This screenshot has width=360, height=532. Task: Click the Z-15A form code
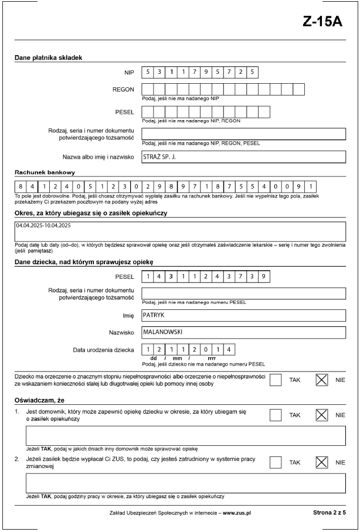pyautogui.click(x=323, y=22)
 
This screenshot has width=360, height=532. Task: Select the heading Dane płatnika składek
pyautogui.click(x=48, y=57)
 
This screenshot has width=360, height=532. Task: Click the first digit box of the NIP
pyautogui.click(x=148, y=73)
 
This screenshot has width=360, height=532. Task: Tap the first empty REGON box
pyautogui.click(x=148, y=90)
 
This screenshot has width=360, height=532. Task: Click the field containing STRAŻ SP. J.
pyautogui.click(x=243, y=157)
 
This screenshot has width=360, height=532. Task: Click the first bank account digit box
pyautogui.click(x=21, y=187)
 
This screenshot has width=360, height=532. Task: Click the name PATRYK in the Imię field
pyautogui.click(x=154, y=315)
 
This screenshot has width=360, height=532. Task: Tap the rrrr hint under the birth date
pyautogui.click(x=212, y=358)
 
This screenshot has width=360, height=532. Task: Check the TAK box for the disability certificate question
pyautogui.click(x=276, y=380)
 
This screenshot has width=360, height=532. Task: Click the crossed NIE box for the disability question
pyautogui.click(x=321, y=380)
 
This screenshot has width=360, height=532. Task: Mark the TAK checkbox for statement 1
pyautogui.click(x=276, y=415)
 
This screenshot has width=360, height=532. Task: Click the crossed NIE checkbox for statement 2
pyautogui.click(x=321, y=462)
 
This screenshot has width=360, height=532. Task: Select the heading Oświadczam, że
pyautogui.click(x=39, y=400)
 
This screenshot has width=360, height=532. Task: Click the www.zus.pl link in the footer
pyautogui.click(x=237, y=512)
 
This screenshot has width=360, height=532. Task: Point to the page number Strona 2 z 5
pyautogui.click(x=330, y=512)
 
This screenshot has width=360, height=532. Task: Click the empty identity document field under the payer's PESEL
pyautogui.click(x=243, y=134)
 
